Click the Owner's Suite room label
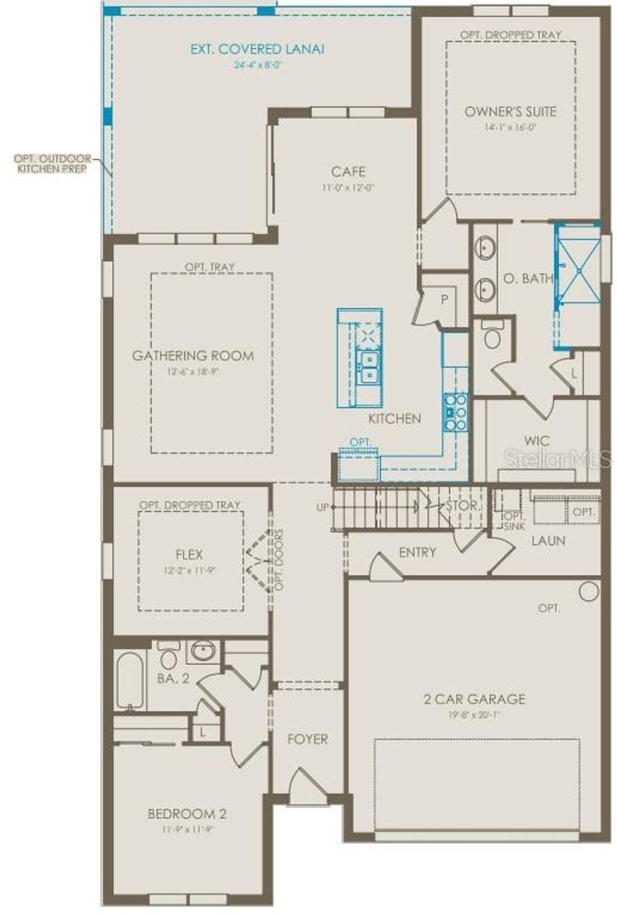point(510,111)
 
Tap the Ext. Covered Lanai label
point(257,49)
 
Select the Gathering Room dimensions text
point(193,372)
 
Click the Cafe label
point(348,172)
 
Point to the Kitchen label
point(395,418)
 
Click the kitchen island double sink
point(367,368)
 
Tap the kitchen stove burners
point(455,411)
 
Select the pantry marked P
point(445,299)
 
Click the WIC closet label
point(536,441)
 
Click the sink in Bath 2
point(204,651)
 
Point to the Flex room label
point(189,555)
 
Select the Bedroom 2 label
point(187,814)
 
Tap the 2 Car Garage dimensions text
point(474,714)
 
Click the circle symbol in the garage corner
point(589,591)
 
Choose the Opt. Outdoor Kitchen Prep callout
point(53,164)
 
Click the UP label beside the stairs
point(323,507)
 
